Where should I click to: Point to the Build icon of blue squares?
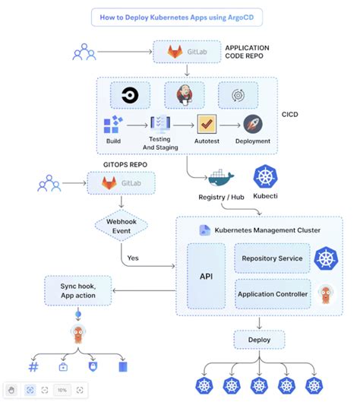pyautogui.click(x=113, y=125)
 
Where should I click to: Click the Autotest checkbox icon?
pyautogui.click(x=207, y=125)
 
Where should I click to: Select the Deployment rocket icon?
pyautogui.click(x=253, y=125)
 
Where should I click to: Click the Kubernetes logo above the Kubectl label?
pyautogui.click(x=267, y=177)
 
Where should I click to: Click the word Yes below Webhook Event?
pyautogui.click(x=133, y=258)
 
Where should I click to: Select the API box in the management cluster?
pyautogui.click(x=206, y=276)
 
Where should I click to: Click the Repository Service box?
pyautogui.click(x=272, y=258)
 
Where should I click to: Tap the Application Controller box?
pyautogui.click(x=272, y=293)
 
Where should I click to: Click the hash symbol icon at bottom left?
pyautogui.click(x=33, y=366)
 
